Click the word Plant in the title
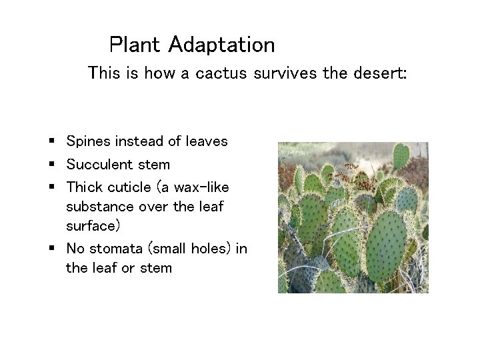(x=136, y=45)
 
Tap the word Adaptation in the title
(x=221, y=45)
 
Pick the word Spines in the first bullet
(x=88, y=142)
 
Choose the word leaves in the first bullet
(x=207, y=141)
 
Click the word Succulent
(x=97, y=164)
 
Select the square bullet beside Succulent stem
(x=51, y=164)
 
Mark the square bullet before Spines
(x=51, y=141)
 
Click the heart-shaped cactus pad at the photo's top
(x=399, y=156)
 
